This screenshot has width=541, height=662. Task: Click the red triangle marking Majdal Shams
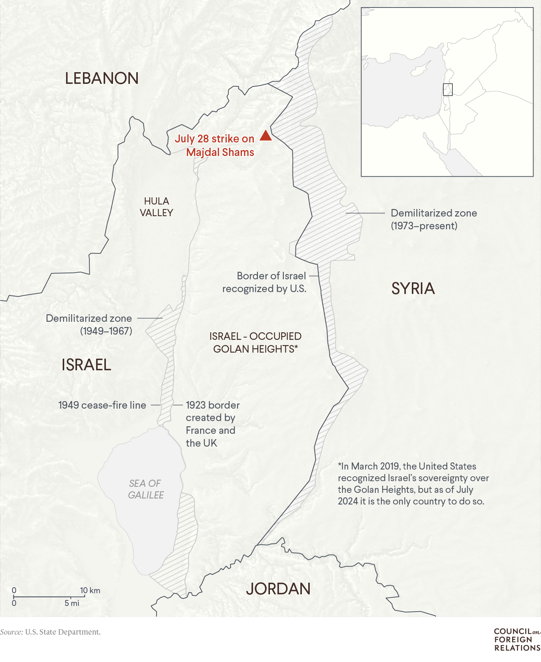[x=265, y=136]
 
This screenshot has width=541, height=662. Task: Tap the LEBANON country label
[x=102, y=78]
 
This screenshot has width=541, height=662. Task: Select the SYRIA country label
[x=413, y=288]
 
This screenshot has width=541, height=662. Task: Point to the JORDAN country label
[x=278, y=589]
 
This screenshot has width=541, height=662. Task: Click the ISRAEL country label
[x=86, y=365]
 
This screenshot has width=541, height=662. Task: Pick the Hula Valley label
[x=157, y=207]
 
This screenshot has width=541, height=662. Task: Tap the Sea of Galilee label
[x=146, y=489]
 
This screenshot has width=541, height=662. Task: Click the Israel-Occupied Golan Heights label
[x=255, y=342]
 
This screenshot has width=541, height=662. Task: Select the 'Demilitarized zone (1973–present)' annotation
[x=434, y=219]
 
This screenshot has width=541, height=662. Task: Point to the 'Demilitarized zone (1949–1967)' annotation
[x=89, y=324]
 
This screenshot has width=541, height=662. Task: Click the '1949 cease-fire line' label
[x=102, y=405]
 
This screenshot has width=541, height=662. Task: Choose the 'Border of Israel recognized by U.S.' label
[x=264, y=282]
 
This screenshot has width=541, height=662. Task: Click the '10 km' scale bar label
[x=90, y=590]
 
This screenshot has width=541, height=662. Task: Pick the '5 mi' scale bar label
[x=72, y=603]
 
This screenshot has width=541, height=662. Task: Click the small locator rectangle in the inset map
[x=448, y=89]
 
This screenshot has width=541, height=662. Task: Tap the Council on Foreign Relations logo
[x=517, y=639]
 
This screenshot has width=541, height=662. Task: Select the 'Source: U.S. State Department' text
[x=50, y=632]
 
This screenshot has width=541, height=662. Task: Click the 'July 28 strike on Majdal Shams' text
[x=215, y=145]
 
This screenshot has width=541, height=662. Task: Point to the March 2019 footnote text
[x=413, y=483]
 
